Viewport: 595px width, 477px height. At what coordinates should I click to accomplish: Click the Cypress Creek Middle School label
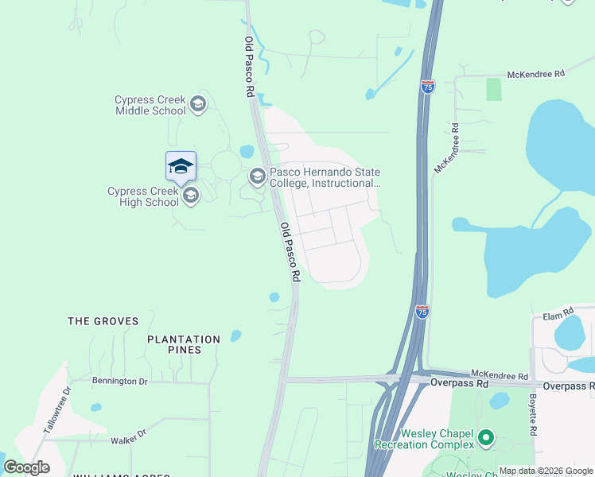150,105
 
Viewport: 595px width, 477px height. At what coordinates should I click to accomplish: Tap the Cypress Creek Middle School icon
198,104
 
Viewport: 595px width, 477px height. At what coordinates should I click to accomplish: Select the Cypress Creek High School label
143,196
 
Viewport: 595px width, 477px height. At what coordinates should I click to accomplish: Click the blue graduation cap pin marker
181,167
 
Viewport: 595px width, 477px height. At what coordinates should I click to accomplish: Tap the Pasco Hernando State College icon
257,176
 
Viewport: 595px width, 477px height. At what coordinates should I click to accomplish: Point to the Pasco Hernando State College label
325,177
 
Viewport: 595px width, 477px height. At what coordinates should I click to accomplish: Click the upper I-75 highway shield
428,87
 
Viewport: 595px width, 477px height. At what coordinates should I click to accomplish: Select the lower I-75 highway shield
422,312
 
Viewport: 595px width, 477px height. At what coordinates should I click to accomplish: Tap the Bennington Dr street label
120,382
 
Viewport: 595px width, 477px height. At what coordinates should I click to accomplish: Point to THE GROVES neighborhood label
103,321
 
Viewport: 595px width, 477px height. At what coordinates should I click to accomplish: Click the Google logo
27,467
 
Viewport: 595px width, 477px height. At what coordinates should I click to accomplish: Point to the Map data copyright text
546,471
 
